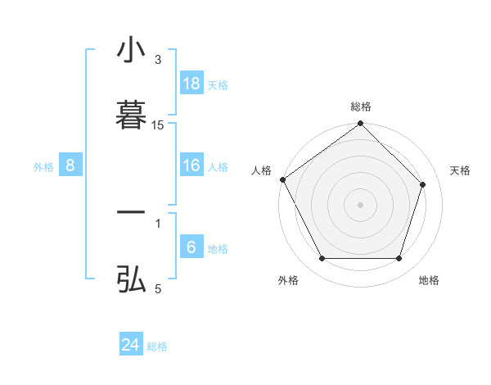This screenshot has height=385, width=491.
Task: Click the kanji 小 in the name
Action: tap(131, 50)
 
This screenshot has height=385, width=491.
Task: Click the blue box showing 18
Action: tap(191, 84)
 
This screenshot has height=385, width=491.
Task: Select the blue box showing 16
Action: tap(191, 166)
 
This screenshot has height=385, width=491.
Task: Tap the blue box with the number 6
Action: tap(191, 247)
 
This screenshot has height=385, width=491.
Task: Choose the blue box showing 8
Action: tap(70, 166)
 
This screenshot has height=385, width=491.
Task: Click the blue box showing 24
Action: tap(131, 345)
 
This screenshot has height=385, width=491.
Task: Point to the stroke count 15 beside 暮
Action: tap(158, 125)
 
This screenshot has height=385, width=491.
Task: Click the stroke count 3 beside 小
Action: tap(158, 60)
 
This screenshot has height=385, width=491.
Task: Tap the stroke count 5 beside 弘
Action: tap(158, 288)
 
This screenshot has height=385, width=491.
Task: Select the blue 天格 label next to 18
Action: tap(218, 85)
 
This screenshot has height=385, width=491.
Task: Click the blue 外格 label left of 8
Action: tap(43, 167)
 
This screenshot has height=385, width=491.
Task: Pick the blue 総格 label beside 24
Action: tap(157, 346)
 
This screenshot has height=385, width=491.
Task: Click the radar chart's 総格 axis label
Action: tap(361, 106)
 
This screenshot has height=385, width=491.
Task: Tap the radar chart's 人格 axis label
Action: tap(262, 170)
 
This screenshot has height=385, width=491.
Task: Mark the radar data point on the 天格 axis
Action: tap(423, 184)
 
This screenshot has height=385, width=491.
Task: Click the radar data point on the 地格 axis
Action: tap(399, 259)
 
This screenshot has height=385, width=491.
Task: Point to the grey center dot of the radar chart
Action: tap(361, 204)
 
